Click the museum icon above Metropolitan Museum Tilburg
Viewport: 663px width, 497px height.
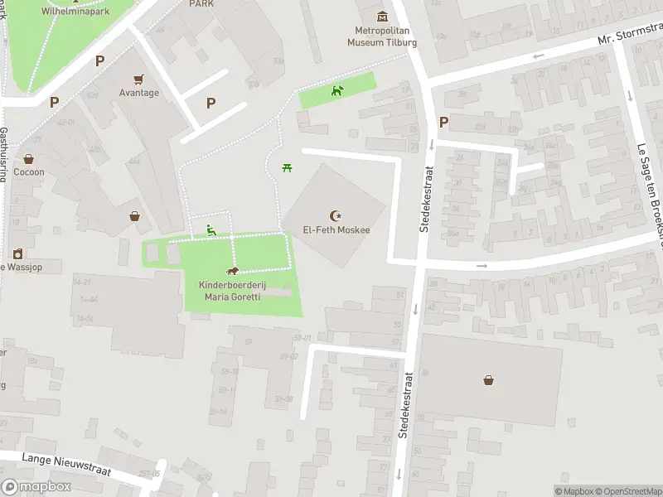coord(382,16)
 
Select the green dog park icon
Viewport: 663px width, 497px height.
coord(336,90)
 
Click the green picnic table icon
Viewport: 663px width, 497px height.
coord(286,168)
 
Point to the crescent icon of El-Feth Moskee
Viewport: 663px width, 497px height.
coord(336,215)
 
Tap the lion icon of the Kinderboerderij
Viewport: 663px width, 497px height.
coord(234,272)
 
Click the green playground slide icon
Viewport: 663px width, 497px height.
coord(211,230)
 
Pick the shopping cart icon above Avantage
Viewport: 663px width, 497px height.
coord(138,80)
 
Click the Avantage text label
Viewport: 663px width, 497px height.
coord(138,93)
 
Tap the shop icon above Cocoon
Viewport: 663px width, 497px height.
coord(29,158)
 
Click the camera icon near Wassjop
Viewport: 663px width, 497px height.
coord(17,253)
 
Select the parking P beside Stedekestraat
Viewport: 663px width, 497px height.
coord(443,122)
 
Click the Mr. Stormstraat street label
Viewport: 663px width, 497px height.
coord(630,39)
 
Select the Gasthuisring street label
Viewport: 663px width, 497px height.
coord(4,154)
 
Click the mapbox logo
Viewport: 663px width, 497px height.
coord(36,487)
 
